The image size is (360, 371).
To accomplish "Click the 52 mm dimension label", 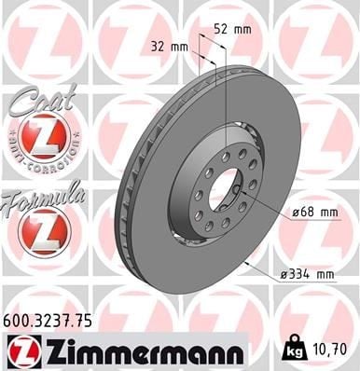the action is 232,30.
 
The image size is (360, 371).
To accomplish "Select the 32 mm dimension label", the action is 170,47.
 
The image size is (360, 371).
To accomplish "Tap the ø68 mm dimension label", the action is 315,213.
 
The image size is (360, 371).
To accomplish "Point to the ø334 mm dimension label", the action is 307,275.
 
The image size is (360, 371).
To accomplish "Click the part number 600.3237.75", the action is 48,322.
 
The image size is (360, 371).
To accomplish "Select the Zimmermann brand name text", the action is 143,351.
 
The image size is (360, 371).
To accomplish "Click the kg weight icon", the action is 295,349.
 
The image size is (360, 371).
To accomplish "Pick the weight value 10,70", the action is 329,350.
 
